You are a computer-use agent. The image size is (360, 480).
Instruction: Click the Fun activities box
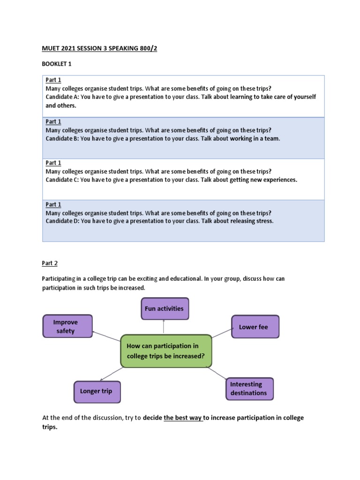pyautogui.click(x=165, y=308)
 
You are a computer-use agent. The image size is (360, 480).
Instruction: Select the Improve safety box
pyautogui.click(x=67, y=326)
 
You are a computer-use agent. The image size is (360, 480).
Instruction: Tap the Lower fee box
pyautogui.click(x=255, y=327)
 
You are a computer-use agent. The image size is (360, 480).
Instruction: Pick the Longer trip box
pyautogui.click(x=97, y=391)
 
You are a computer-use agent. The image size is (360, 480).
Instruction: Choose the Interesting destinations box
pyautogui.click(x=249, y=389)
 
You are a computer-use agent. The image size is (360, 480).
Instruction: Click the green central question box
pyautogui.click(x=166, y=351)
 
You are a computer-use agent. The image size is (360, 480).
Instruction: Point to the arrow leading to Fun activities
pyautogui.click(x=164, y=327)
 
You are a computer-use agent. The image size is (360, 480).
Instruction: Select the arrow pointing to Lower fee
pyautogui.click(x=222, y=332)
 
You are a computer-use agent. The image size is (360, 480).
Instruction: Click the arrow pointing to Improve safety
pyautogui.click(x=107, y=336)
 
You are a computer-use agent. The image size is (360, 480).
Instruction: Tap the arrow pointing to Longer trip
pyautogui.click(x=112, y=374)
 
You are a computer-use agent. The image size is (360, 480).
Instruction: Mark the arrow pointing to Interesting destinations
pyautogui.click(x=217, y=373)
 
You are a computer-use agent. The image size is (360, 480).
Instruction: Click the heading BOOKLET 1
pyautogui.click(x=57, y=63)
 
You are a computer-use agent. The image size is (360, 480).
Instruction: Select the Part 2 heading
pyautogui.click(x=50, y=263)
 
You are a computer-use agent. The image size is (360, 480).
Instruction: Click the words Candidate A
pyautogui.click(x=61, y=97)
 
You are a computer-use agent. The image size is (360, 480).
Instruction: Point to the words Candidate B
pyautogui.click(x=61, y=139)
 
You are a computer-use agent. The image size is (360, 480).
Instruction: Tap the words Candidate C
pyautogui.click(x=61, y=180)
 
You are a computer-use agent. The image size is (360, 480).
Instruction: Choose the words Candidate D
pyautogui.click(x=61, y=221)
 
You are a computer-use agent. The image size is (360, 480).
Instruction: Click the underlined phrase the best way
pyautogui.click(x=183, y=418)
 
